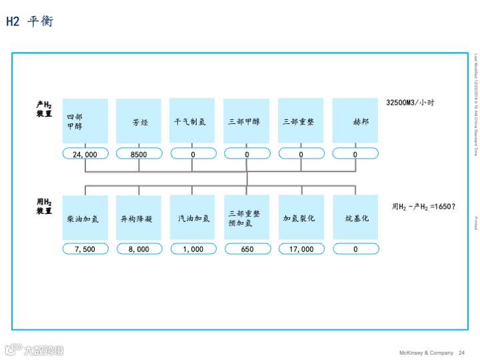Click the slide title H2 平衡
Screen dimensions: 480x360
[29, 21]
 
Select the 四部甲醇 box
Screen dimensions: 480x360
[85, 121]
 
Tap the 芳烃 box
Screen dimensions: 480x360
[139, 121]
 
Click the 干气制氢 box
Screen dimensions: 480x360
[193, 121]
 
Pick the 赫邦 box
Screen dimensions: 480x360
[355, 121]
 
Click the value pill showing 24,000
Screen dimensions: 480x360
[85, 154]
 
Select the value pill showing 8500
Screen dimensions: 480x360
[139, 154]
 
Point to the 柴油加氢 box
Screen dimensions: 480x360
[85, 217]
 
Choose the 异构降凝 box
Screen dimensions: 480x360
[139, 217]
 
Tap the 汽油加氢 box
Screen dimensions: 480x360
[193, 217]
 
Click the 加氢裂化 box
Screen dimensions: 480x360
[301, 217]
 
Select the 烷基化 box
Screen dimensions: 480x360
[355, 217]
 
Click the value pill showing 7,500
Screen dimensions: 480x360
[85, 249]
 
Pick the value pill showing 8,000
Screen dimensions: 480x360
[139, 249]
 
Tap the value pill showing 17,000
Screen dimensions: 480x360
[301, 249]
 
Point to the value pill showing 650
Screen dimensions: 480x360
[247, 249]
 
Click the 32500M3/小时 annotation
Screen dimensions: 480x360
[410, 103]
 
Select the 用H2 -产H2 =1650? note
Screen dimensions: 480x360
[423, 207]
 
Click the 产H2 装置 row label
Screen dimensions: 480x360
[45, 109]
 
